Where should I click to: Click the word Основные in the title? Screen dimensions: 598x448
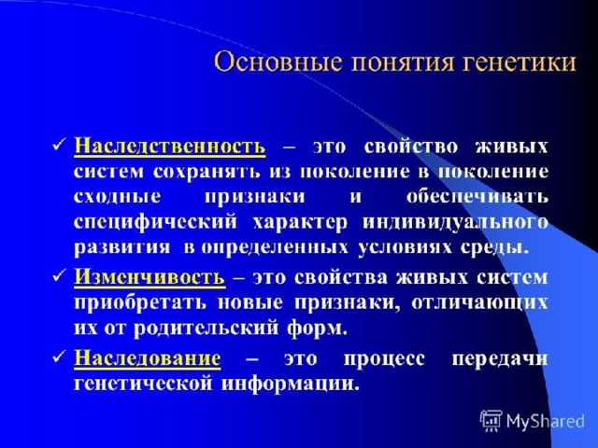click(x=278, y=63)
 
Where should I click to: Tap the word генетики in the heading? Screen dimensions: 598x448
click(x=520, y=63)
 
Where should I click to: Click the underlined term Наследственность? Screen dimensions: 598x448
click(x=170, y=147)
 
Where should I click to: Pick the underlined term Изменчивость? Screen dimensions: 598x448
click(x=149, y=277)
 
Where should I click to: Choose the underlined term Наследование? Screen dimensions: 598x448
click(x=148, y=358)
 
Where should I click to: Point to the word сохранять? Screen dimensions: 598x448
click(x=207, y=172)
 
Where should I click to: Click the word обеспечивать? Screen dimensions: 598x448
click(x=477, y=197)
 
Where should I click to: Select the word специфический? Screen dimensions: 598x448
click(x=155, y=222)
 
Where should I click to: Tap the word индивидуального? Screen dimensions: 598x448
click(x=456, y=222)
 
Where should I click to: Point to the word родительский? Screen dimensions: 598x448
click(x=206, y=329)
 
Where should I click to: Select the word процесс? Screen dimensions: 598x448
click(x=384, y=359)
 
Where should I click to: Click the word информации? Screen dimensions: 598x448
click(x=291, y=384)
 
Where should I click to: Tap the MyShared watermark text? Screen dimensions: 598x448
click(x=546, y=422)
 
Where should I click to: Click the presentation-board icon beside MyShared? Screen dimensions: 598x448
click(x=491, y=421)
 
